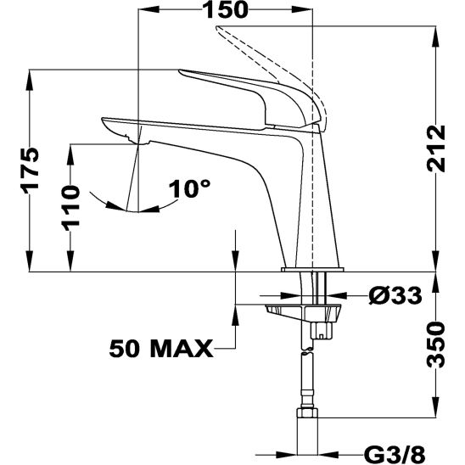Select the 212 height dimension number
click(436, 149)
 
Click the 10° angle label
click(188, 188)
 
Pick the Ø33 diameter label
click(395, 295)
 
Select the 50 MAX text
click(160, 348)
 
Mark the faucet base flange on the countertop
click(312, 269)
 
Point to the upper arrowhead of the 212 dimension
click(435, 25)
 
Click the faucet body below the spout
click(255, 195)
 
